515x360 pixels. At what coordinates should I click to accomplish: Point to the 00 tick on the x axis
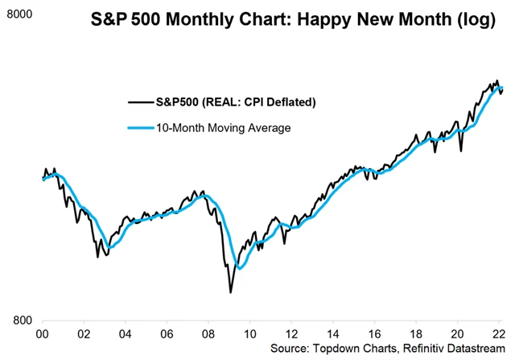click(42, 332)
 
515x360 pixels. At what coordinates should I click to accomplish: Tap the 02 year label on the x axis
click(84, 332)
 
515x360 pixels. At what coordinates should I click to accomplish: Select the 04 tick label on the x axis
click(125, 332)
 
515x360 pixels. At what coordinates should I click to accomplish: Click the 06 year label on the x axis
click(167, 332)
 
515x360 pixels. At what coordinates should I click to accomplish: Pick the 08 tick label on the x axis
click(208, 332)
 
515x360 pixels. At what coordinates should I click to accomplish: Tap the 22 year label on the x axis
click(498, 332)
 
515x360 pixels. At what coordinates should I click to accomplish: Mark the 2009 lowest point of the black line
click(231, 292)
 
